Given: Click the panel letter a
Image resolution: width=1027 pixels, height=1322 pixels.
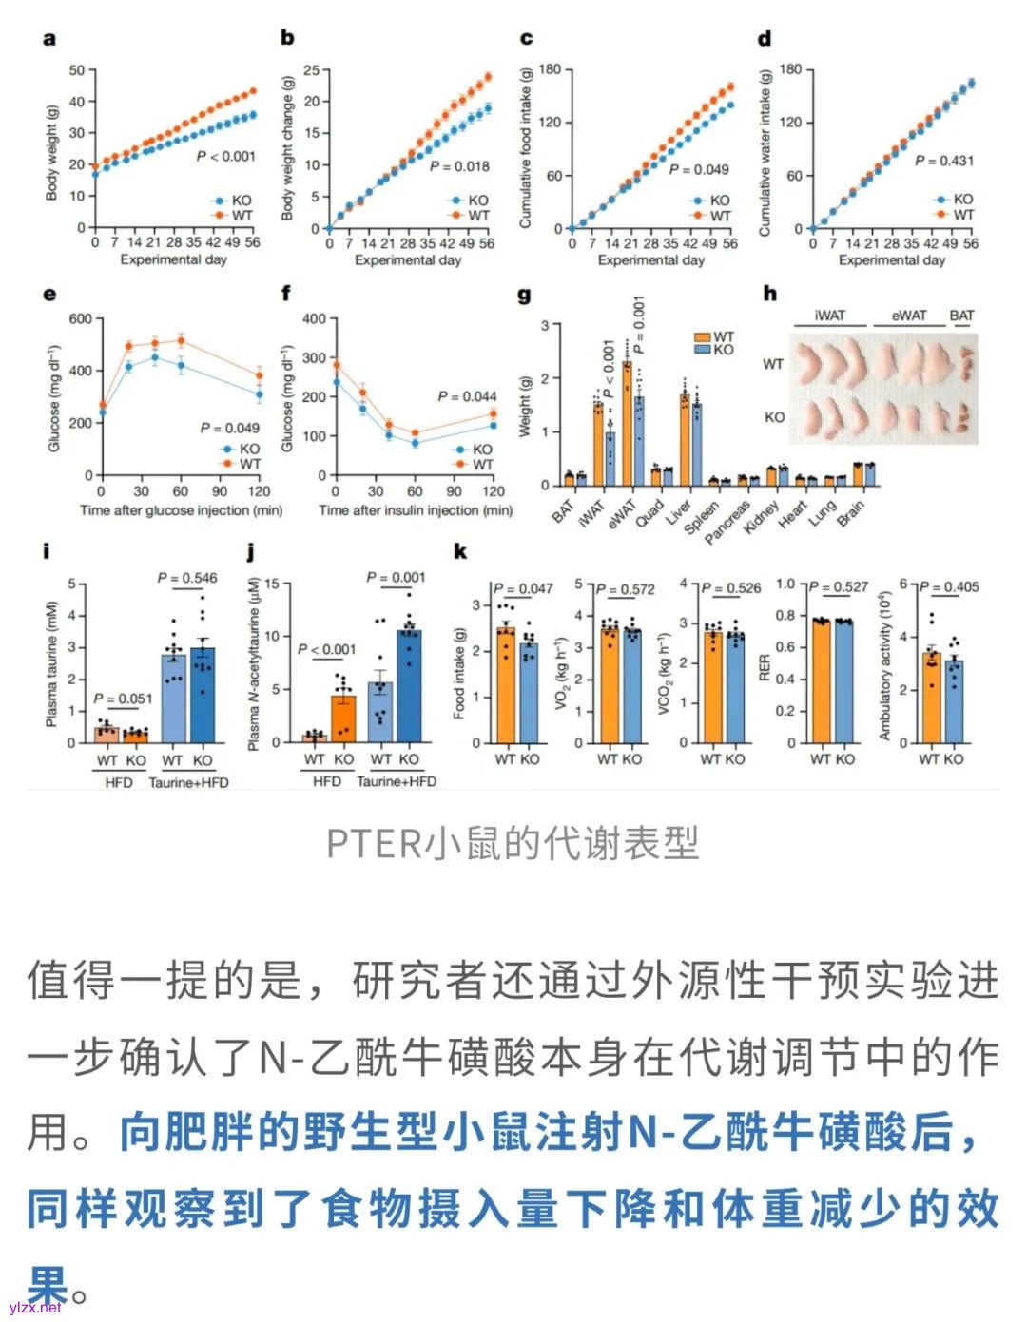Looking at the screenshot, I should (49, 39).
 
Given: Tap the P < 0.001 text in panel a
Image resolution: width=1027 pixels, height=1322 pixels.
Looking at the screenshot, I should (225, 156).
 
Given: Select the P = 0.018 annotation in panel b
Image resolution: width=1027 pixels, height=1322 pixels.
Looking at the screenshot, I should (459, 166).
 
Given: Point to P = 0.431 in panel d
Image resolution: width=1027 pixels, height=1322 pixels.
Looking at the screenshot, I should (943, 161).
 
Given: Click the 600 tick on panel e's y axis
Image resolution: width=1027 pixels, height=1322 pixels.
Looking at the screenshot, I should (80, 319).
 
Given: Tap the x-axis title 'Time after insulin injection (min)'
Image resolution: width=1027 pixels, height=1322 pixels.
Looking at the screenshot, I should (415, 510).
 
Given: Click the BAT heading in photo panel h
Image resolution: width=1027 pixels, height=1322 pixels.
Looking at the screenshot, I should (961, 316).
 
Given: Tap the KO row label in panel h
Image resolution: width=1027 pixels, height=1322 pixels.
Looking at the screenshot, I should (774, 417).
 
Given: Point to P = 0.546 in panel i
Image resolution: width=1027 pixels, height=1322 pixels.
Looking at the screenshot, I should (187, 578).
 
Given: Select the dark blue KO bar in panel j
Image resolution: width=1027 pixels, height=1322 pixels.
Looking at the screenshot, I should (409, 685).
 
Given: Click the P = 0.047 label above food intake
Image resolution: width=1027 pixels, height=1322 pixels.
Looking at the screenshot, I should (523, 588).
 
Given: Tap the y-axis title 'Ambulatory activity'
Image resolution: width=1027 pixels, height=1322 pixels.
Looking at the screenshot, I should (884, 665).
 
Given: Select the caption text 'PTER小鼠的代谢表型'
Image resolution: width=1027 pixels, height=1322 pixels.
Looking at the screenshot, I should (513, 842).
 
